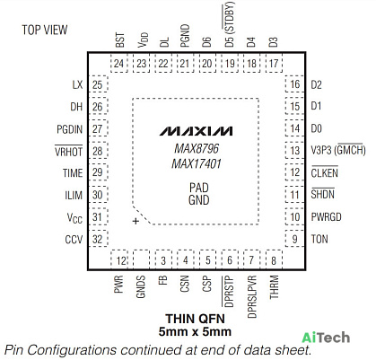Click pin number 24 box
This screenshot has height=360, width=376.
tap(119, 64)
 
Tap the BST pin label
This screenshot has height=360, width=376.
tap(119, 40)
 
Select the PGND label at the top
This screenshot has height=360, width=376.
tap(185, 36)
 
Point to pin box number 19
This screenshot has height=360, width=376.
tap(230, 64)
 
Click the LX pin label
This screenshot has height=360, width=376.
tap(77, 84)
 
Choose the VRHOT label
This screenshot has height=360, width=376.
tap(68, 151)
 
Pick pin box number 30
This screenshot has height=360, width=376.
tap(98, 195)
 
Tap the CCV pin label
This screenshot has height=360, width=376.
tap(74, 240)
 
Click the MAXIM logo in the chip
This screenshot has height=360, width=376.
tap(196, 131)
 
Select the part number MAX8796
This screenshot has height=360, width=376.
tap(197, 148)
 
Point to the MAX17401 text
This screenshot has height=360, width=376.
tap(197, 163)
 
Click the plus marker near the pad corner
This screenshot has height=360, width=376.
tap(136, 221)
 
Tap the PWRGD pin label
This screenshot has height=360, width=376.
tap(326, 217)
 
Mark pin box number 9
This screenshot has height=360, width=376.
tap(294, 239)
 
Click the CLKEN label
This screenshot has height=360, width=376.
tap(325, 172)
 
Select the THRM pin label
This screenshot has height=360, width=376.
tap(274, 287)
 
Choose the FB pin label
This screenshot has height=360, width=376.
tap(163, 280)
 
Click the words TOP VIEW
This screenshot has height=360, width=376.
tap(45, 30)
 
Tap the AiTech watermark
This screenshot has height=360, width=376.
tap(326, 338)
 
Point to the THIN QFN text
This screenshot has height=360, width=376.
tap(195, 319)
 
